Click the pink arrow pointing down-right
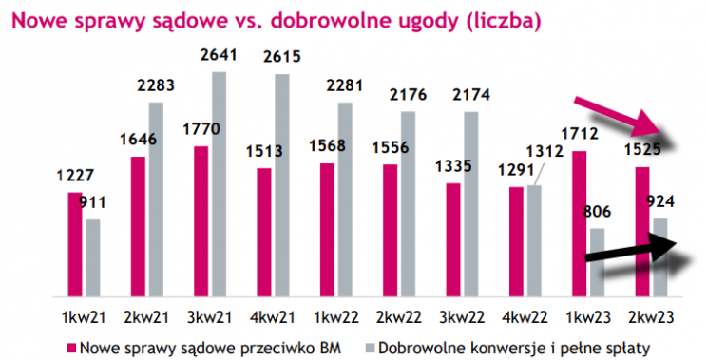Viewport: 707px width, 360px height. [x=622, y=120]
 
